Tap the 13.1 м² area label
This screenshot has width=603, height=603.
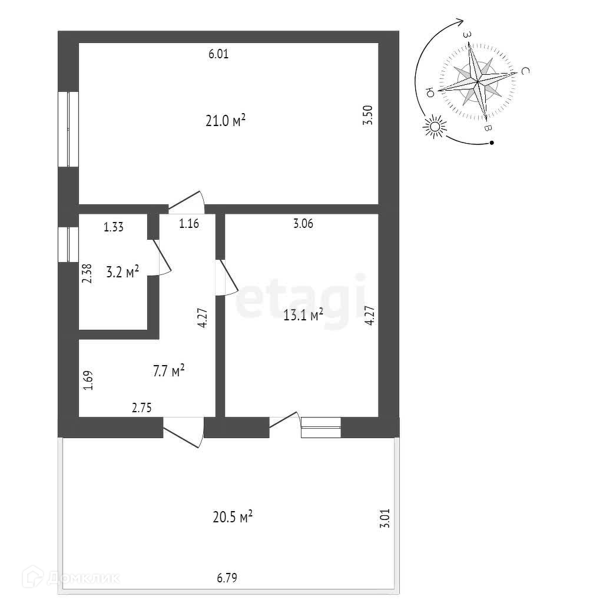click(x=303, y=316)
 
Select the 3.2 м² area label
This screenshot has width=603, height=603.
click(x=122, y=272)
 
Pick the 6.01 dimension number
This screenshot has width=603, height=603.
click(x=218, y=55)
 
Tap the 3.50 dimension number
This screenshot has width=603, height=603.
click(x=369, y=114)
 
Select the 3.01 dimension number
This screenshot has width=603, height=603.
click(x=386, y=519)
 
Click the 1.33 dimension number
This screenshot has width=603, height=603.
click(x=113, y=227)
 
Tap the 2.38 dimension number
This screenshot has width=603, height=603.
click(x=87, y=274)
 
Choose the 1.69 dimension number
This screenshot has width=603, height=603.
click(x=87, y=380)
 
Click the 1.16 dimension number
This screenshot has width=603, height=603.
click(x=189, y=223)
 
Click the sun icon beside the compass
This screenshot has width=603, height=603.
click(x=435, y=127)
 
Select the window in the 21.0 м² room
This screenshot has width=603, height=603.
click(x=69, y=129)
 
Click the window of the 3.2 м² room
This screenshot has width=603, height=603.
click(x=69, y=244)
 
